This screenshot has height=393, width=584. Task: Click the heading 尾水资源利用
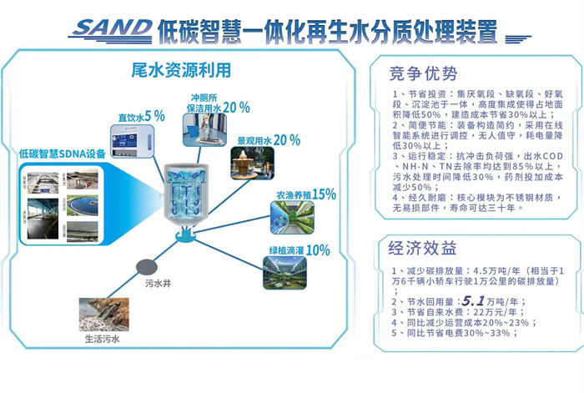181,70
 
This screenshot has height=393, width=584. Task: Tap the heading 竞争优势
424,72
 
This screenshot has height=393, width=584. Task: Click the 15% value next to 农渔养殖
324,194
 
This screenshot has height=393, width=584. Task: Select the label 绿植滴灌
285,250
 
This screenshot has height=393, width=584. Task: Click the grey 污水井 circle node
145,265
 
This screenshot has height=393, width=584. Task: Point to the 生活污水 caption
103,340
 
